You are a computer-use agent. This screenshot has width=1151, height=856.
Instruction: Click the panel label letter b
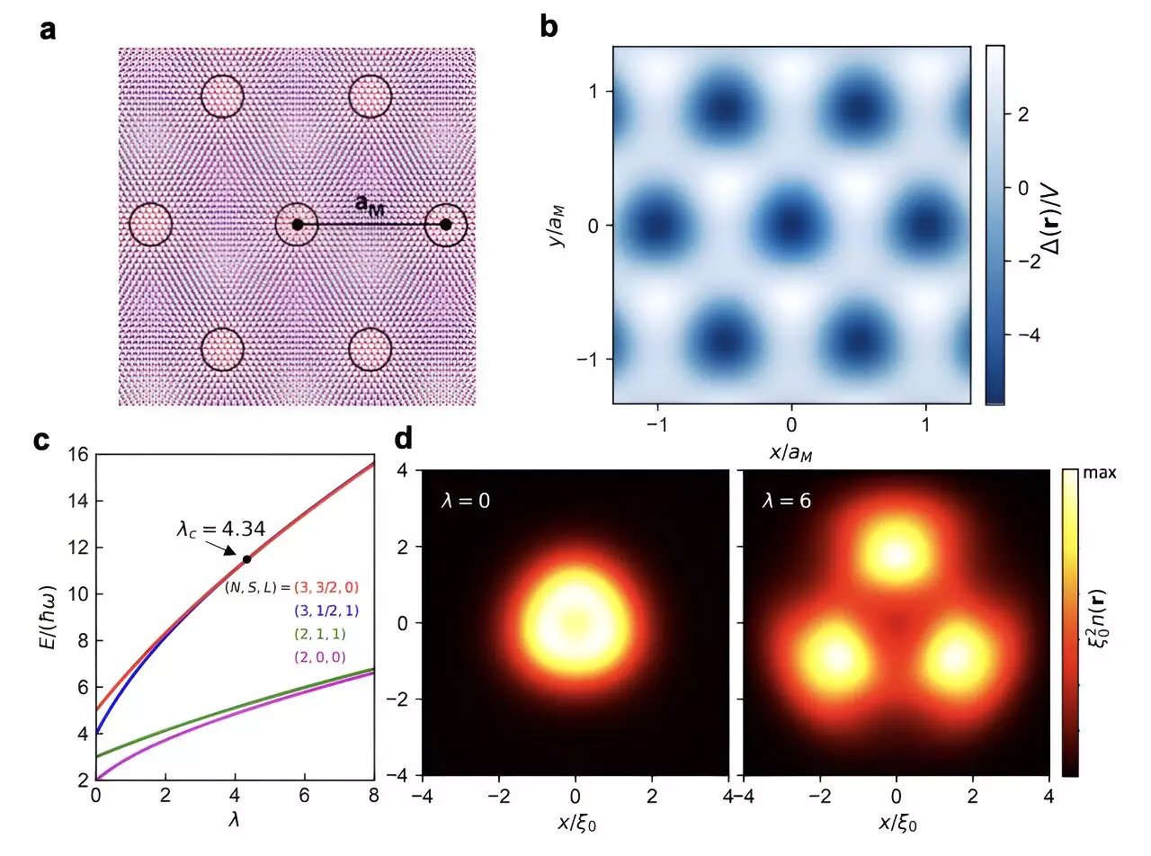pyautogui.click(x=548, y=27)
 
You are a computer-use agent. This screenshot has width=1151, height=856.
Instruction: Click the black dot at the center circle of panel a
pyautogui.click(x=298, y=224)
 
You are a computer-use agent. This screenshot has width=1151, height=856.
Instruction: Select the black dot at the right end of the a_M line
pyautogui.click(x=446, y=224)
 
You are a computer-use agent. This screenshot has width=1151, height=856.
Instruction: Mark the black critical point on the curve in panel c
pyautogui.click(x=246, y=559)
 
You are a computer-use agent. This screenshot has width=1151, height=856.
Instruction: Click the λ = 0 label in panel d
pyautogui.click(x=466, y=500)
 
